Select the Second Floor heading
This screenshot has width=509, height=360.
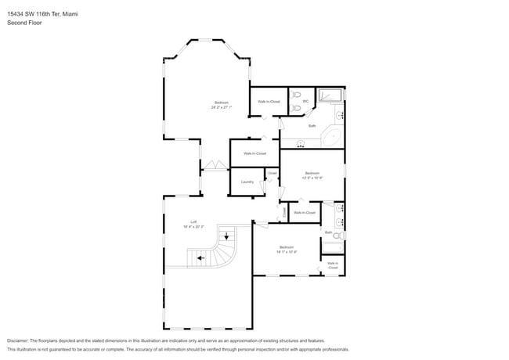(x=24, y=23)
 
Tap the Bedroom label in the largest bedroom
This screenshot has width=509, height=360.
(x=222, y=103)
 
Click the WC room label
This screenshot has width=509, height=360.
(x=305, y=100)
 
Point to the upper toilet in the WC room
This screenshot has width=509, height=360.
(x=294, y=95)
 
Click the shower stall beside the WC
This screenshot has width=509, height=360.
(x=330, y=97)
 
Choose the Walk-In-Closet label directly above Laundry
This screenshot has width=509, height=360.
(x=254, y=153)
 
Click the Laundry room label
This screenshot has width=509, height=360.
(x=247, y=182)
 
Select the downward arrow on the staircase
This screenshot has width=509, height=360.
(x=226, y=235)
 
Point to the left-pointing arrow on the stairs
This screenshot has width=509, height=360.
(x=200, y=257)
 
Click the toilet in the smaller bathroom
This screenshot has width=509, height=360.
(x=338, y=235)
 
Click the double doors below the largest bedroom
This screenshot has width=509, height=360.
(x=214, y=165)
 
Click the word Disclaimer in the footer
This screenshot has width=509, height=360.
(x=17, y=340)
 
